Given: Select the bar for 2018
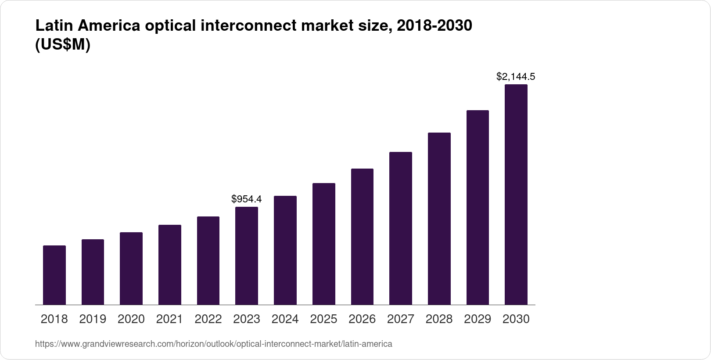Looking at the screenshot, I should tap(54, 275).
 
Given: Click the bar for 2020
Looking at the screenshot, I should tap(131, 269).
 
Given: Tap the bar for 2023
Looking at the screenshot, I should tap(247, 256).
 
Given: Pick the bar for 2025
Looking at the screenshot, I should tap(324, 244).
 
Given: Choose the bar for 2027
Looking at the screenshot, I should tap(401, 228).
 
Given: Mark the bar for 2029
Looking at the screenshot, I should tap(478, 208).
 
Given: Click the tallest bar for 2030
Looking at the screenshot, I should tap(516, 194).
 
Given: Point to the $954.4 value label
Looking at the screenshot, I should tap(247, 199).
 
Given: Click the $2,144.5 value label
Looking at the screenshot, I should tap(516, 77).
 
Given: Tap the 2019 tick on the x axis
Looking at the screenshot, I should tap(93, 319).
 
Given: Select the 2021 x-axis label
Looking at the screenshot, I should tap(169, 319).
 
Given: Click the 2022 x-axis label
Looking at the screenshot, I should tap(208, 319).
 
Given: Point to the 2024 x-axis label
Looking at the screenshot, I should tap(285, 319).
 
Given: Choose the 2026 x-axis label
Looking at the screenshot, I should tap(362, 319).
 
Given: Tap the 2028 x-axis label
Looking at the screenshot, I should tap(439, 319).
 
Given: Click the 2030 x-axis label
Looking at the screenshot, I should tap(516, 319).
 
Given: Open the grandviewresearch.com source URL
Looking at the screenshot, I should tap(214, 344).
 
